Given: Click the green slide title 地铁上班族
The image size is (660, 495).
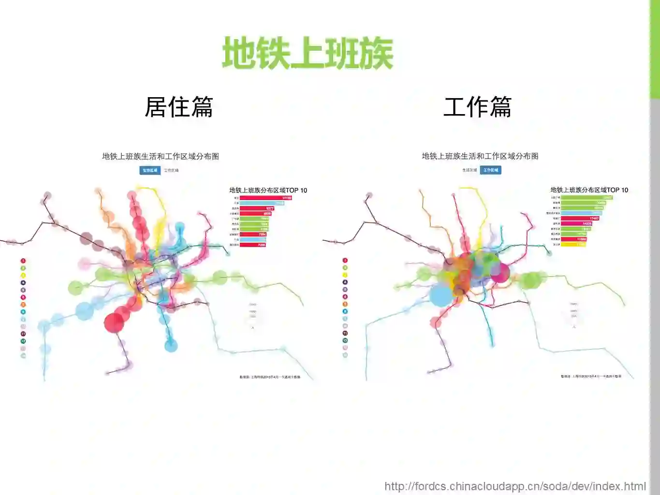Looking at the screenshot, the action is click(x=308, y=54).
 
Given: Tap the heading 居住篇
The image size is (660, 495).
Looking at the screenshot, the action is click(x=179, y=107).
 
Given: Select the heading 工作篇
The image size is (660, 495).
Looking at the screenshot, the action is click(x=477, y=107).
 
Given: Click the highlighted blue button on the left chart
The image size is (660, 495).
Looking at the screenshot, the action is click(x=150, y=170).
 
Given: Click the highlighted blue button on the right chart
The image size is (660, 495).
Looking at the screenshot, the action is click(x=490, y=170).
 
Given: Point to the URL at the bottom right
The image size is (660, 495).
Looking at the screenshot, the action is click(x=515, y=486).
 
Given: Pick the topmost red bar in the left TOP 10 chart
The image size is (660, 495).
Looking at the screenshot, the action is click(x=265, y=198).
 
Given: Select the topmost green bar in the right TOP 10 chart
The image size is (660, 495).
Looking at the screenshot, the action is click(x=587, y=198).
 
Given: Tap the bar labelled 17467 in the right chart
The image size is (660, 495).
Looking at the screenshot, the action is click(x=580, y=218).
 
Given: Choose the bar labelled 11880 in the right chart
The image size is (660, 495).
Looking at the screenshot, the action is click(x=574, y=239).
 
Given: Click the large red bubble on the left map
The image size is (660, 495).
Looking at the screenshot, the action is click(x=114, y=322).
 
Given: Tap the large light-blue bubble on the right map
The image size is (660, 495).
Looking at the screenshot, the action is click(x=441, y=295).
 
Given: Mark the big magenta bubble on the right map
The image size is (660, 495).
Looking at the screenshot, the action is click(x=500, y=273).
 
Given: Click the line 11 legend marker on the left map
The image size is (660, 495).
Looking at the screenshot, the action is click(x=23, y=334).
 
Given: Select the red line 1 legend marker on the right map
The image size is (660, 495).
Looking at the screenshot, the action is click(x=345, y=261).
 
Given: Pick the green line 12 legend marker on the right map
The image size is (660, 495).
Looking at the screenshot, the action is click(x=345, y=341).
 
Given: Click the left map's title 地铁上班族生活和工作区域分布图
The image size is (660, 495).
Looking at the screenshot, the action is click(x=161, y=156).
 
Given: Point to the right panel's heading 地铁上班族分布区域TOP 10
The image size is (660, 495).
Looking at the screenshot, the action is click(x=589, y=190).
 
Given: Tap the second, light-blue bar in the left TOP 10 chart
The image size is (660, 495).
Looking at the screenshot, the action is click(x=262, y=203).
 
